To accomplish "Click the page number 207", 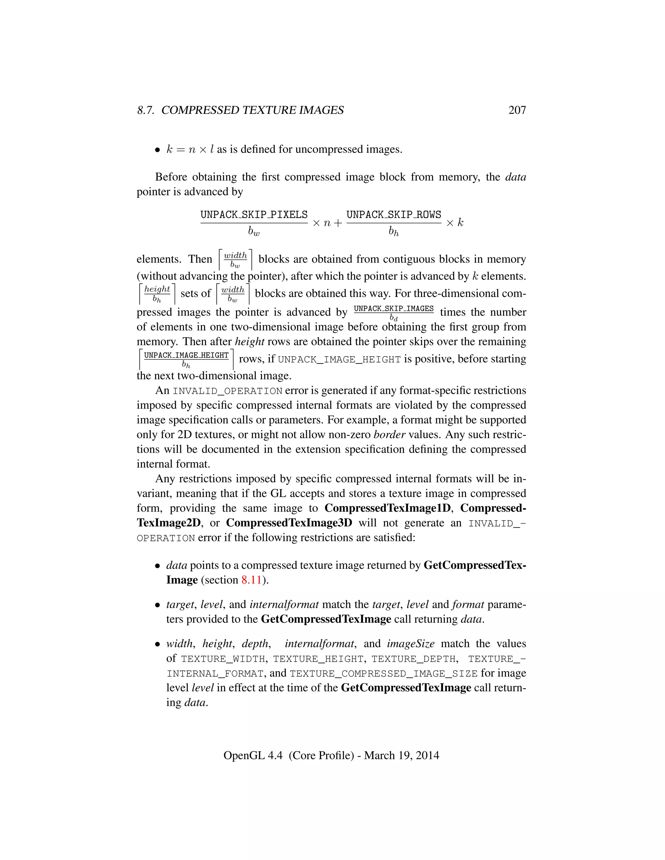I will point(517,110).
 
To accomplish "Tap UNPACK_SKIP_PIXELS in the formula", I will point(254,215).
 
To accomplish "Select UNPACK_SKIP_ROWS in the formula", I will point(394,215).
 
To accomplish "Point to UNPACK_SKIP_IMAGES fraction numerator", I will point(394,309).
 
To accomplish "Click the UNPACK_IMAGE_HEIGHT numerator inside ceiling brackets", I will point(186,355).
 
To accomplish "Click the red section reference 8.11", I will point(251,580).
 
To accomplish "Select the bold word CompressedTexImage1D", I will point(387,508).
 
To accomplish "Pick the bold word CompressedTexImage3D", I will point(289,523).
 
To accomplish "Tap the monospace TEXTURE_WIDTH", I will point(223,659).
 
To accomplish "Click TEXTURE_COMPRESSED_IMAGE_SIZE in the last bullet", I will point(383,674).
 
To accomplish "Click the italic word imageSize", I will point(410,644).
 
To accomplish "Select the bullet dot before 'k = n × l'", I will point(157,150).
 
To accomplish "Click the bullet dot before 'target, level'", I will point(157,605).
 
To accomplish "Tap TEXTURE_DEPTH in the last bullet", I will point(413,659).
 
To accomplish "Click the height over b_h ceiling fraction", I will point(157,294).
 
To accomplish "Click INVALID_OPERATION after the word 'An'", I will point(227,391).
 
